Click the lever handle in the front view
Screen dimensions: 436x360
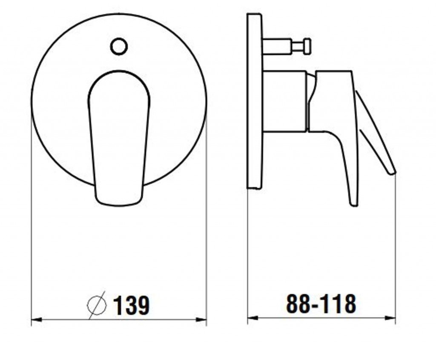[x=119, y=138]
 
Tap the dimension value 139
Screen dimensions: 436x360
[x=132, y=305]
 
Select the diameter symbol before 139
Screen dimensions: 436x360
[x=97, y=305]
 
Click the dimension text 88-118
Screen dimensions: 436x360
[x=321, y=304]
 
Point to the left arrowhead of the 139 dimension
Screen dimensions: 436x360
[x=37, y=320]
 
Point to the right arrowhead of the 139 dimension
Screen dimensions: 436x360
[x=201, y=320]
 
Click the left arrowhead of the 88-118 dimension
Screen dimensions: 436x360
[x=253, y=318]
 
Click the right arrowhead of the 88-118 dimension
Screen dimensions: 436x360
[x=390, y=318]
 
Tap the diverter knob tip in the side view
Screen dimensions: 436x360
[x=307, y=46]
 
